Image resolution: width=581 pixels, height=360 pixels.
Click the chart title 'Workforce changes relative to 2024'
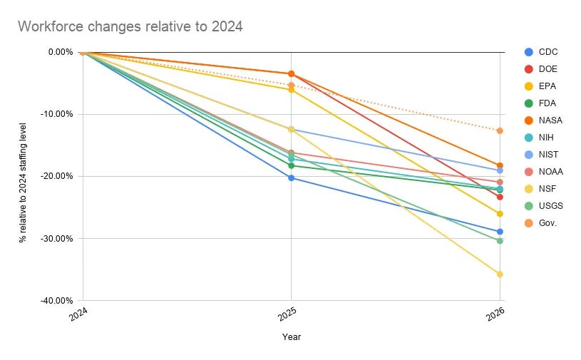click(130, 26)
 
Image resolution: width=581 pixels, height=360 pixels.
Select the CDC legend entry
click(541, 52)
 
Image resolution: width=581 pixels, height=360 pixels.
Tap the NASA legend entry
click(544, 120)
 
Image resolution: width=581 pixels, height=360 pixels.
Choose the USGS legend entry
click(544, 206)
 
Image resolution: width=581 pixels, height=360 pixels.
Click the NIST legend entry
click(541, 155)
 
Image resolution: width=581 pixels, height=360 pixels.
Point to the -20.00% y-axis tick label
click(57, 176)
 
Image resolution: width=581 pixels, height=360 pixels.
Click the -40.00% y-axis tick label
click(57, 300)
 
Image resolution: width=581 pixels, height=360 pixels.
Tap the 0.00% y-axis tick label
click(61, 52)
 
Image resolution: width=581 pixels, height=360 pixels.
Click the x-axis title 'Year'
click(292, 337)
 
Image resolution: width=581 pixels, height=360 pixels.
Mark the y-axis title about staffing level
click(23, 183)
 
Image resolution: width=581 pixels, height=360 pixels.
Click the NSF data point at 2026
click(500, 274)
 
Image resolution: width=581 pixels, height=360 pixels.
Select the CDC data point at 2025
click(292, 178)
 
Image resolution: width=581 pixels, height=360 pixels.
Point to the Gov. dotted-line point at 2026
click(500, 130)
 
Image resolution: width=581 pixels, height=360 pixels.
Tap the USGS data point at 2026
click(500, 241)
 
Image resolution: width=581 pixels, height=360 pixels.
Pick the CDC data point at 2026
click(500, 232)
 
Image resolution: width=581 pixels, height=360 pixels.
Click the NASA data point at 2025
click(292, 73)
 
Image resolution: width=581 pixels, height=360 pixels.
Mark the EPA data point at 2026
click(500, 214)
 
